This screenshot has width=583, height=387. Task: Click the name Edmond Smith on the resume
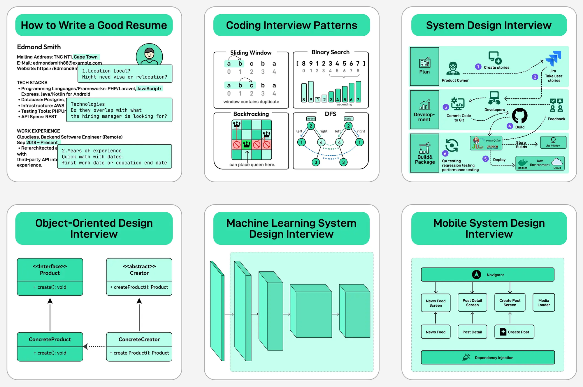[39, 47]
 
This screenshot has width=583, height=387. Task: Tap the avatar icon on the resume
[149, 55]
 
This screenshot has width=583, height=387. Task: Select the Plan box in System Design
[424, 66]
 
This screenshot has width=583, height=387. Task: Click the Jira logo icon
[553, 59]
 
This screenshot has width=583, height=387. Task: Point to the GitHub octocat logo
[520, 116]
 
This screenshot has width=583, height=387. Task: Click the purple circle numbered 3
[446, 107]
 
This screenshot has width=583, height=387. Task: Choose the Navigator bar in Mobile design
[487, 275]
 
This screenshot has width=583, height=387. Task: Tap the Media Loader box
[543, 303]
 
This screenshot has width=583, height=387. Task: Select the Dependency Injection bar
[487, 358]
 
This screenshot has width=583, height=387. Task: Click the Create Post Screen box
[510, 303]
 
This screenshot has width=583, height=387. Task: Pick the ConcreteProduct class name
[50, 339]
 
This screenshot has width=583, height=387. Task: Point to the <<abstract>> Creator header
[139, 270]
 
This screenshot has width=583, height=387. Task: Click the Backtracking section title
[251, 114]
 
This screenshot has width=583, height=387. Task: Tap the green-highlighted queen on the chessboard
[247, 145]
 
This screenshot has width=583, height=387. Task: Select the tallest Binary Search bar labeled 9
[311, 92]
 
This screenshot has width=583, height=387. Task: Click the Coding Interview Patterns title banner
[291, 25]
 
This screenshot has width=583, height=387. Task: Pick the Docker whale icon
[523, 162]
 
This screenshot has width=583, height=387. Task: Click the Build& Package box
[424, 153]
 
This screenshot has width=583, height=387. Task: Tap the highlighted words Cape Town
[86, 57]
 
